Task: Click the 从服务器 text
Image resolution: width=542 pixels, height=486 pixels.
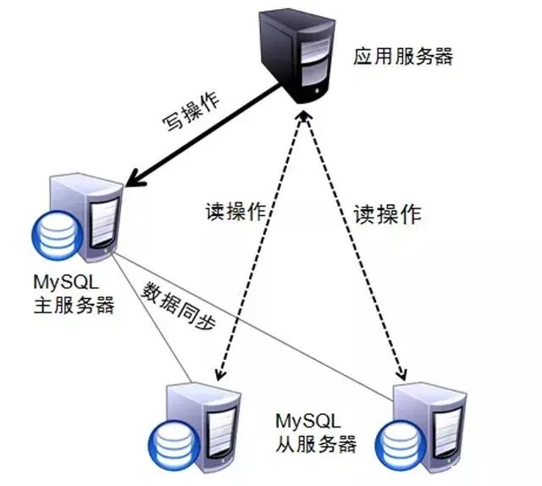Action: [316, 443]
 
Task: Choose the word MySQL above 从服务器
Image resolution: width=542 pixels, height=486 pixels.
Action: [308, 421]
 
